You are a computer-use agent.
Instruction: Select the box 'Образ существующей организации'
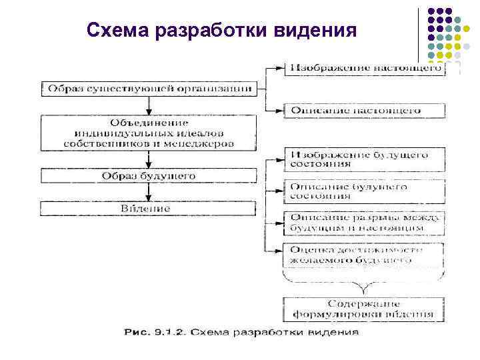point(147,89)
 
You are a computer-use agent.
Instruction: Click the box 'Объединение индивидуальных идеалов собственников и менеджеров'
point(147,133)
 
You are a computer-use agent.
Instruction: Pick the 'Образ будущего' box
point(147,176)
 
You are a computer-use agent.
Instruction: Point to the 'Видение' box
point(147,209)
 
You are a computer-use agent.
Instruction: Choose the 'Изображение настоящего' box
point(365,68)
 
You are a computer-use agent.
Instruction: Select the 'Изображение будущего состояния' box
point(365,160)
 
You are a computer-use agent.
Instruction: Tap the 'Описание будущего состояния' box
point(365,191)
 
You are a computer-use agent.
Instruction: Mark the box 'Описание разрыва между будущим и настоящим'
point(365,223)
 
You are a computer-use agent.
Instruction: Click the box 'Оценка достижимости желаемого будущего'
point(365,255)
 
